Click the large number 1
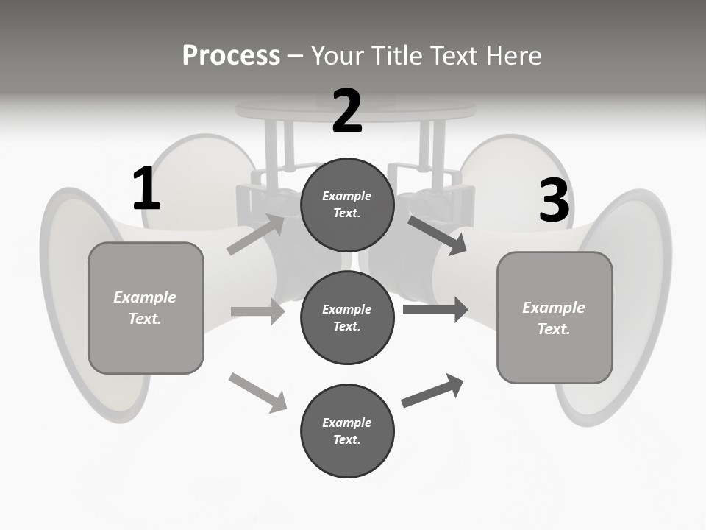(146, 189)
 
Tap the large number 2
(347, 111)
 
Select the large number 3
(554, 201)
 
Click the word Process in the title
(231, 55)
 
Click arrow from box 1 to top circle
(256, 234)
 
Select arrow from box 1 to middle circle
(257, 311)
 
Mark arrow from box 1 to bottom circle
(257, 392)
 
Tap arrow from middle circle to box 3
(435, 309)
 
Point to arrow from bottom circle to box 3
(432, 391)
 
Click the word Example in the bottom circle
(347, 423)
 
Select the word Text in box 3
(553, 329)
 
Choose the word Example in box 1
(145, 297)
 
